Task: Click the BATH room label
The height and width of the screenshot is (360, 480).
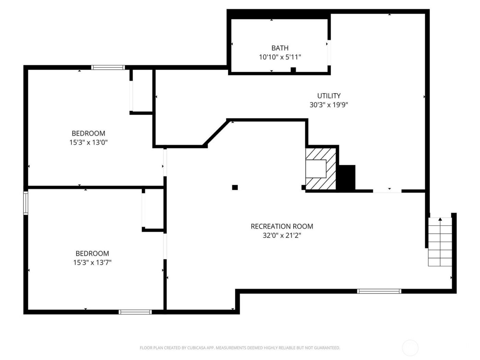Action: [280, 48]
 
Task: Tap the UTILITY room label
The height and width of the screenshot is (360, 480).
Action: [329, 96]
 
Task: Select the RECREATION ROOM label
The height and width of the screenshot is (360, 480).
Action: [282, 226]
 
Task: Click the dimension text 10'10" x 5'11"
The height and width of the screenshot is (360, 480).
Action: [280, 57]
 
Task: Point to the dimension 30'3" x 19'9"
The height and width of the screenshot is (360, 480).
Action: [329, 105]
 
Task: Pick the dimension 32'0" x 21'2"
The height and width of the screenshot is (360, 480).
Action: [282, 236]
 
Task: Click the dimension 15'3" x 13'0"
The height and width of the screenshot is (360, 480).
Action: [88, 142]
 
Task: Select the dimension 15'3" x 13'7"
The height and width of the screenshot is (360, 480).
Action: [92, 263]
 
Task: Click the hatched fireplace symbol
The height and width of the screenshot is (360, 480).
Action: [321, 168]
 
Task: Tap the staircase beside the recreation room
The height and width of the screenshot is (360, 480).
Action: [440, 242]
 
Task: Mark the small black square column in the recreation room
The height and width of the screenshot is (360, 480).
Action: [235, 187]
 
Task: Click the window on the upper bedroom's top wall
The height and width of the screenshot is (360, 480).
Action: [108, 68]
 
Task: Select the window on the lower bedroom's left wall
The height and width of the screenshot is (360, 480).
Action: [26, 203]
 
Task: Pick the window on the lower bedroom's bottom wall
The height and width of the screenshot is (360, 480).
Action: [135, 312]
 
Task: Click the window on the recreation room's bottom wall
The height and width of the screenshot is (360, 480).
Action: [379, 291]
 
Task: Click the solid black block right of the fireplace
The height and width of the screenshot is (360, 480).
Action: [347, 177]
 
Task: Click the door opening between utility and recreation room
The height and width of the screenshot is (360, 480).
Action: [387, 191]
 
